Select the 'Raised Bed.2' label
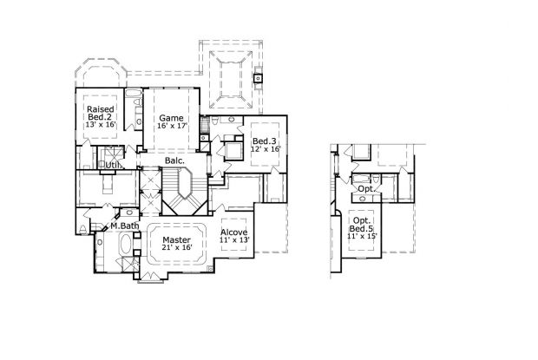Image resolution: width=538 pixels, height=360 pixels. (101, 113)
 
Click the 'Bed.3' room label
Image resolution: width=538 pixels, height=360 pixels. (264, 141)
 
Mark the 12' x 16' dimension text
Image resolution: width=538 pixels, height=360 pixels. (264, 150)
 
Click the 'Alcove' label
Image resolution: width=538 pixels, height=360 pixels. (235, 233)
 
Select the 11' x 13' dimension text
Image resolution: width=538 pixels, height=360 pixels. (235, 243)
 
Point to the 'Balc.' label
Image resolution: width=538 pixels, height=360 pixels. (174, 160)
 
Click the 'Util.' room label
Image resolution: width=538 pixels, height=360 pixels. (113, 164)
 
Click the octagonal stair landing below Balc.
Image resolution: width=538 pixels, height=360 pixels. (185, 184)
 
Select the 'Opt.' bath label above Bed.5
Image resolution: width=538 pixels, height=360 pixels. (366, 188)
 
